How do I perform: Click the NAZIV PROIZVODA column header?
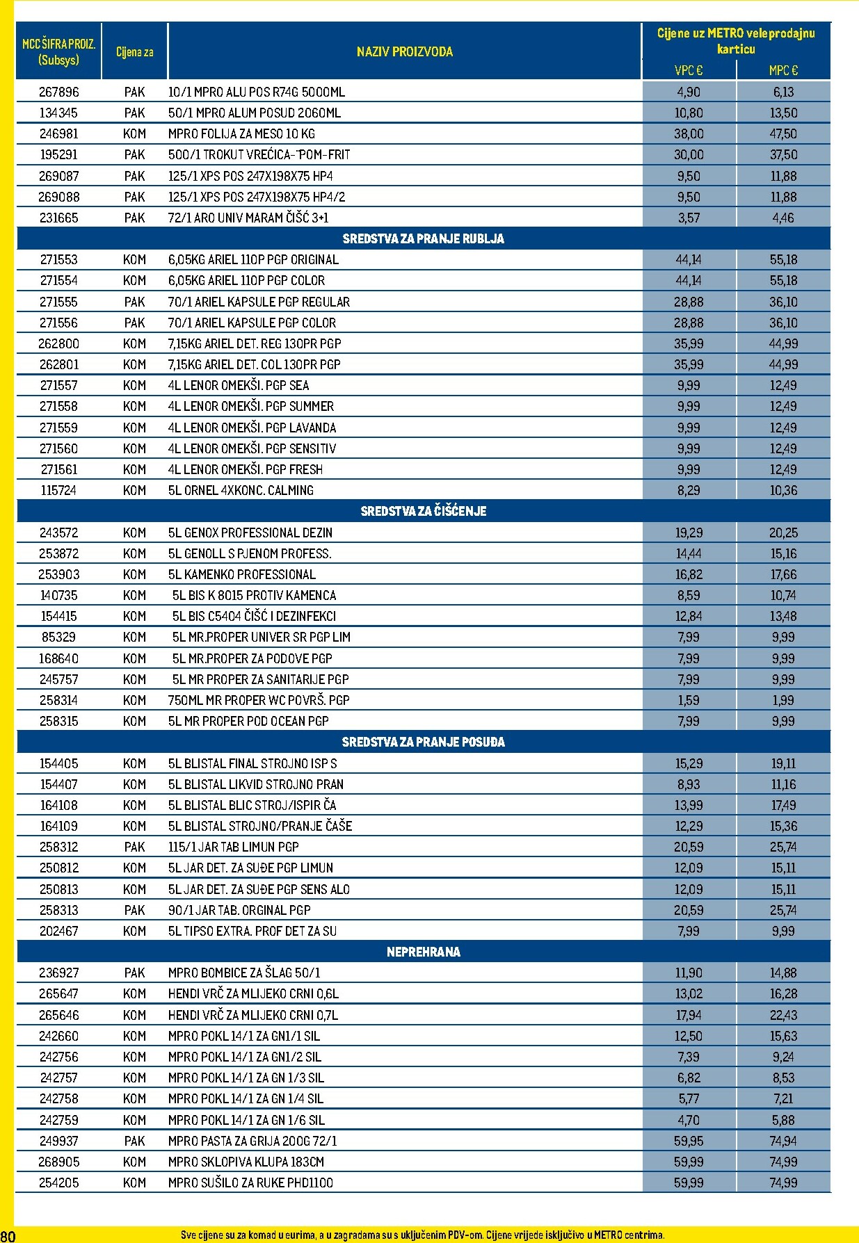pyautogui.click(x=404, y=51)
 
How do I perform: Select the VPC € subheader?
pyautogui.click(x=689, y=70)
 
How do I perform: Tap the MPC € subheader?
pyautogui.click(x=783, y=70)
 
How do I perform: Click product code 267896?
pyautogui.click(x=59, y=92)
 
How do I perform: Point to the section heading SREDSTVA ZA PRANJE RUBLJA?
pyautogui.click(x=423, y=238)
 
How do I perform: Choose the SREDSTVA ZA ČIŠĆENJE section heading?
pyautogui.click(x=423, y=511)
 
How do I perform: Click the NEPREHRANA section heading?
pyautogui.click(x=423, y=952)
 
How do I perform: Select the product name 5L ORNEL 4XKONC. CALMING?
pyautogui.click(x=241, y=490)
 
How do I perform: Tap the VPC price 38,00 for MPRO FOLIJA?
pyautogui.click(x=689, y=133)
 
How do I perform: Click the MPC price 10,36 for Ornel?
pyautogui.click(x=783, y=490)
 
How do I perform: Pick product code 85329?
pyautogui.click(x=59, y=637)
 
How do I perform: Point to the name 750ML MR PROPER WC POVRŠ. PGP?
pyautogui.click(x=259, y=700)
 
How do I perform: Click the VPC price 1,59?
pyautogui.click(x=689, y=700)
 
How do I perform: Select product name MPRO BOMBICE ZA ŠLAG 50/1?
pyautogui.click(x=244, y=973)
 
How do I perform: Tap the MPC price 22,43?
pyautogui.click(x=783, y=1015)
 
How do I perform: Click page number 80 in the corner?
pyautogui.click(x=8, y=1235)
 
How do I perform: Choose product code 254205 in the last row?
pyautogui.click(x=59, y=1183)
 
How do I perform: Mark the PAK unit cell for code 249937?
pyautogui.click(x=134, y=1141)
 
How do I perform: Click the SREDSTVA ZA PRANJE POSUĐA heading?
pyautogui.click(x=423, y=742)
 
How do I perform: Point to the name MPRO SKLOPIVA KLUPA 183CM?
pyautogui.click(x=246, y=1162)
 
